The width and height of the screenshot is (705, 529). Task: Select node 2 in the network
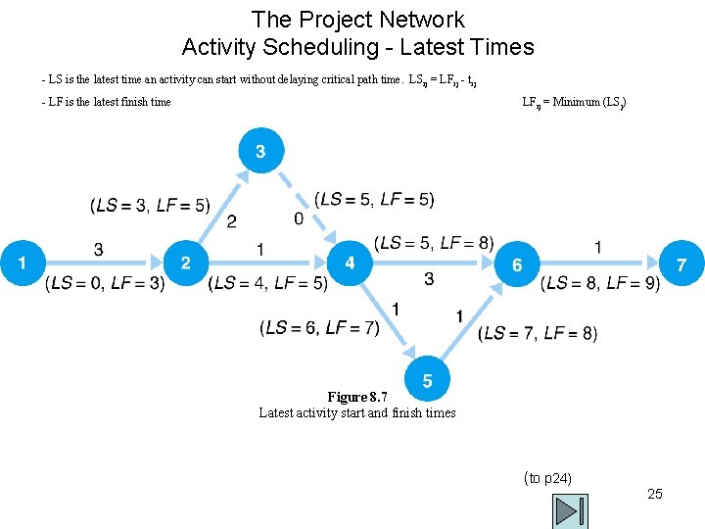coord(186,263)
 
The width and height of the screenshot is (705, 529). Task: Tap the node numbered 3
coord(260,151)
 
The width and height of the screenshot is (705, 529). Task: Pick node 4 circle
coord(351,263)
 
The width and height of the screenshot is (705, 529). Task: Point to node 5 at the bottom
coord(428,381)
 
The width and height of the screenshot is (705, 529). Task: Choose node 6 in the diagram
coord(517,264)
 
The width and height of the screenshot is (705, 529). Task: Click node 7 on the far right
coord(682,264)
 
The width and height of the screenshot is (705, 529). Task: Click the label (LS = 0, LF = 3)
coord(105,284)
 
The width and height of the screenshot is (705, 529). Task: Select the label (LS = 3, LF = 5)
coord(150,205)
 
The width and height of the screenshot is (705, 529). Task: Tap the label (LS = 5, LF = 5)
coord(375,199)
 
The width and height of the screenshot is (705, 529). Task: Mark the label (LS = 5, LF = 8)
coord(434,243)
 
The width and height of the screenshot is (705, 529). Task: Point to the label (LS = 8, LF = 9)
coord(600,284)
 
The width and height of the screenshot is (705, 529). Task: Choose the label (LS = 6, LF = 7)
coord(319,327)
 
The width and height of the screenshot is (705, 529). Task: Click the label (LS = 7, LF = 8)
coord(538,333)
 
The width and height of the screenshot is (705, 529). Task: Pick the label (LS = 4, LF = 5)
coord(267,284)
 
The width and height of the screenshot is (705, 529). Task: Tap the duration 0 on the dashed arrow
coord(299,219)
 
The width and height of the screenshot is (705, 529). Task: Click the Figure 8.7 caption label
coord(357,397)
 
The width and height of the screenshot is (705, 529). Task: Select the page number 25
coord(655,494)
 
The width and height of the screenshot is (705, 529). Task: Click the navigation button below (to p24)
coord(570,510)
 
